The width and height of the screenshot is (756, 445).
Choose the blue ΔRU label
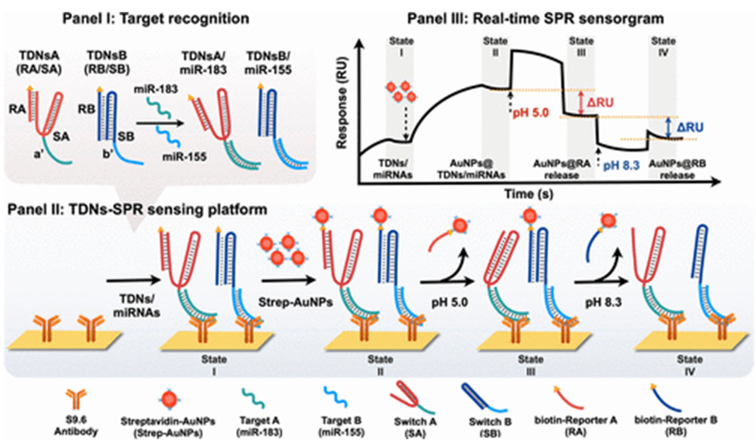tap(690, 127)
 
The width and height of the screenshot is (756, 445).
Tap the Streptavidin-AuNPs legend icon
tap(169, 399)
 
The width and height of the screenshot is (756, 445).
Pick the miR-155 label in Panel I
tap(184, 156)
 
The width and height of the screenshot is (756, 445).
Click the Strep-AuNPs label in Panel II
tap(295, 302)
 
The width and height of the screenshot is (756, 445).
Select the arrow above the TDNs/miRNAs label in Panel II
tap(134, 281)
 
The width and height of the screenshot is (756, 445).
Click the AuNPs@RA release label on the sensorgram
tap(561, 169)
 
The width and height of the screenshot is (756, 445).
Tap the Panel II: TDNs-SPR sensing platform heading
tap(137, 210)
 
